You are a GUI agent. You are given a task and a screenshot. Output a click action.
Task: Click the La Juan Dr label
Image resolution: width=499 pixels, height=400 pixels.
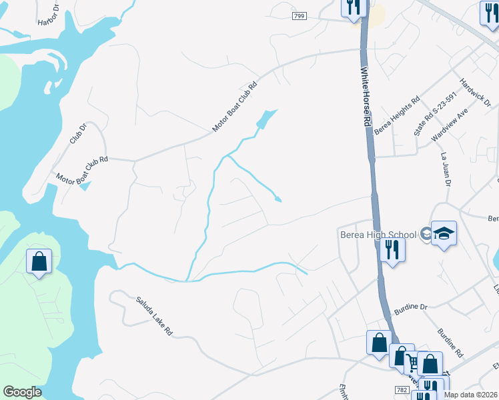(x=446, y=169)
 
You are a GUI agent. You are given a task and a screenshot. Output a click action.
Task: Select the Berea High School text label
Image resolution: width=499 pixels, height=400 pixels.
(x=376, y=233)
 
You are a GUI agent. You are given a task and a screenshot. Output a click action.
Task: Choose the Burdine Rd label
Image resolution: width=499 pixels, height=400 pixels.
(x=450, y=343)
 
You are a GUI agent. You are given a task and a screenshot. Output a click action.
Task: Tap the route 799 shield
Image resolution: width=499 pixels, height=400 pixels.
(x=300, y=15)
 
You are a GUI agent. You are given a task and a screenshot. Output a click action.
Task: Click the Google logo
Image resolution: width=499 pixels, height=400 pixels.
(x=22, y=392)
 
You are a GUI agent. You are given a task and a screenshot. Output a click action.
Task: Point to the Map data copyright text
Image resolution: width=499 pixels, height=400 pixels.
(x=470, y=395)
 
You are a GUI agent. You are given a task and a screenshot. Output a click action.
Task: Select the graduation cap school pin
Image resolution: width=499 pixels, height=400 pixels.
(x=444, y=234)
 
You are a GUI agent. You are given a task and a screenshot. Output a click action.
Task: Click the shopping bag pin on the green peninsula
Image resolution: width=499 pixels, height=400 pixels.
(x=39, y=261)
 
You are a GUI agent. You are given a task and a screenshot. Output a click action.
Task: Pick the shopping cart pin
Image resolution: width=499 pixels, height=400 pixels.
(x=413, y=363)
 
